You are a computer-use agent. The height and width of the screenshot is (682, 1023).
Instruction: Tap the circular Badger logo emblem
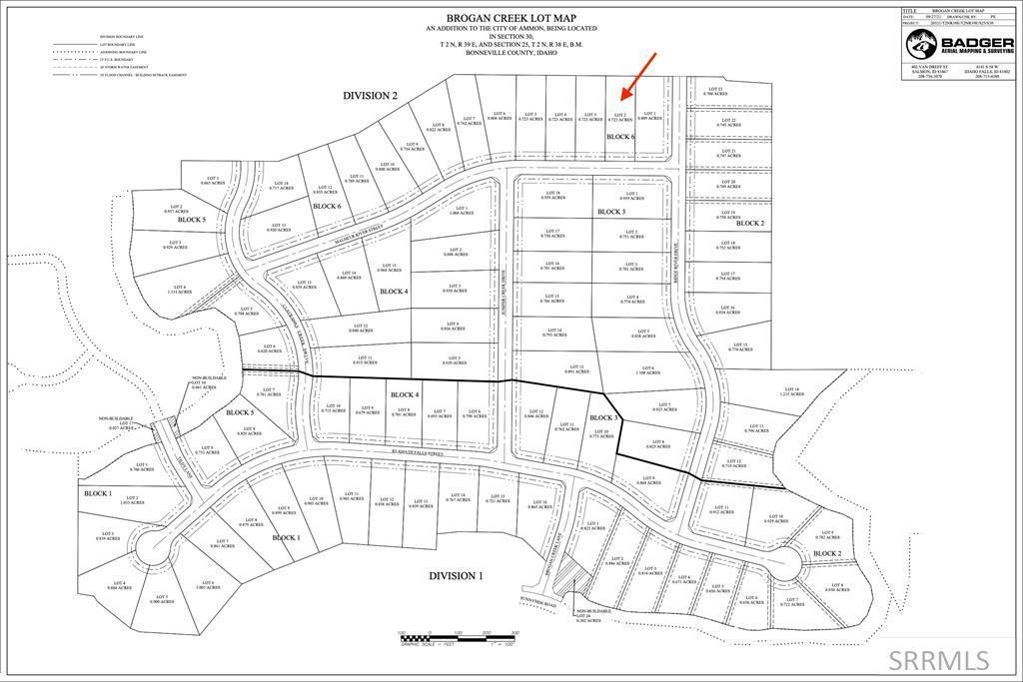[x=918, y=45]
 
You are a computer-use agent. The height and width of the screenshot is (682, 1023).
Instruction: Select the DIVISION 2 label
[x=370, y=96]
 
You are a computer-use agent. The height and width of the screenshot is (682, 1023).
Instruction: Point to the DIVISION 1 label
[x=456, y=576]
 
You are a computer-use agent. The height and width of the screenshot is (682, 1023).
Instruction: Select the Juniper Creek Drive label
[x=504, y=300]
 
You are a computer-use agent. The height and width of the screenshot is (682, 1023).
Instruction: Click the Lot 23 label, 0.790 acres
[x=714, y=92]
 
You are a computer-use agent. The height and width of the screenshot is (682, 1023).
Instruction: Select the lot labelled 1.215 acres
[x=791, y=392]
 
